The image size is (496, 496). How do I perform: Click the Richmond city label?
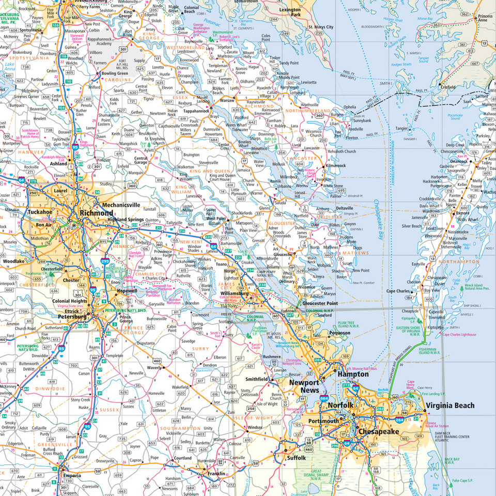coord(96,213)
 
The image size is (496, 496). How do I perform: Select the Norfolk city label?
coord(340,406)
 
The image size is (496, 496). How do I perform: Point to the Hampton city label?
coord(353,374)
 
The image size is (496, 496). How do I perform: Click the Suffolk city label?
coord(297,458)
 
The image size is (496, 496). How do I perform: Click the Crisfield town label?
coord(445,88)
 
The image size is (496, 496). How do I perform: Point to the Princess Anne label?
coord(485,20)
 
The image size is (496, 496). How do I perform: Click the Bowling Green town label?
coord(115,73)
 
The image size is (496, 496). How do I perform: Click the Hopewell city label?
coord(127,291)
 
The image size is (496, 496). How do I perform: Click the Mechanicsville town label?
coord(121,205)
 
